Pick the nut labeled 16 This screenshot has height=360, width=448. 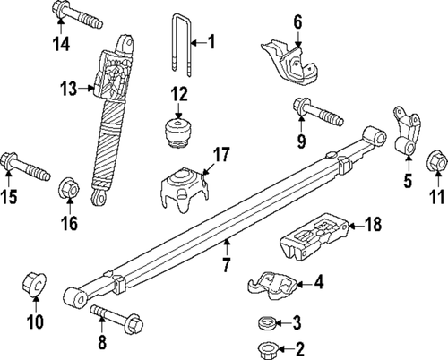[x=68, y=189]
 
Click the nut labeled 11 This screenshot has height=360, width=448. [x=436, y=162]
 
